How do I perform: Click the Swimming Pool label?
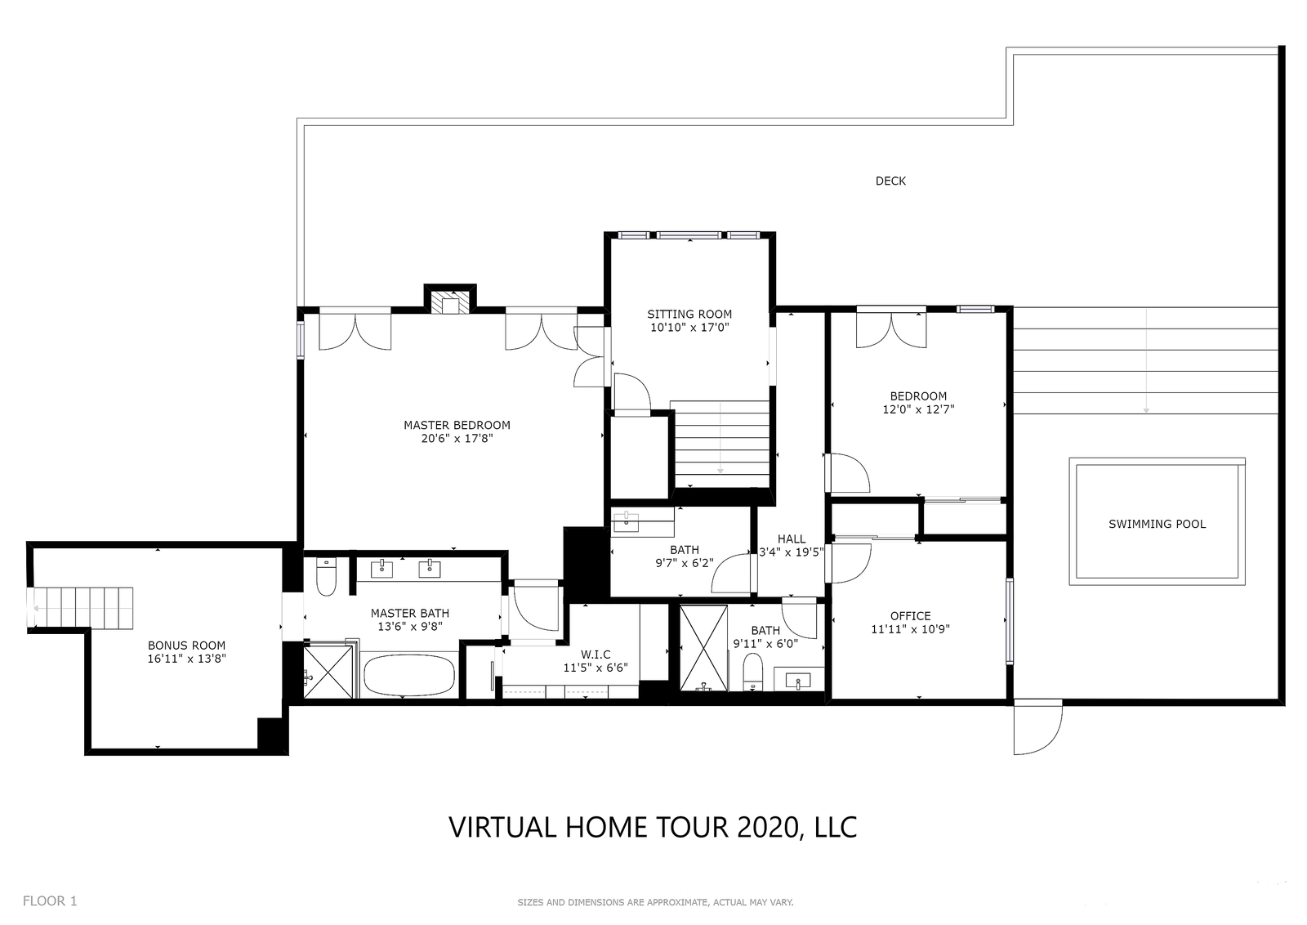click(x=1157, y=524)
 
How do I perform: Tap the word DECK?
click(x=890, y=181)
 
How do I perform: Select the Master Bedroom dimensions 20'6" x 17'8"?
click(x=457, y=438)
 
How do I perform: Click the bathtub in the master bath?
click(x=409, y=675)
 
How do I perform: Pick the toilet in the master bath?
click(x=326, y=577)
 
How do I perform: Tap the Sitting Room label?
click(x=689, y=315)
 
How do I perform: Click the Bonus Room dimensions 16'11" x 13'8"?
click(x=187, y=659)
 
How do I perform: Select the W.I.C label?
click(x=596, y=655)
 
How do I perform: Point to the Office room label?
click(x=910, y=616)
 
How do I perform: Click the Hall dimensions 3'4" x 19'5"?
click(x=791, y=552)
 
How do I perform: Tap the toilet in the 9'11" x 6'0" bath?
click(x=752, y=672)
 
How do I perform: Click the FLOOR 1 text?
click(x=50, y=901)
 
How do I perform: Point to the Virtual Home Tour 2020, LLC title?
click(x=653, y=828)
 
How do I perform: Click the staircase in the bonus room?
click(x=81, y=609)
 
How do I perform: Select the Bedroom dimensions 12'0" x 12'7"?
click(x=918, y=409)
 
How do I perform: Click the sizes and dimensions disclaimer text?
click(x=655, y=902)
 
